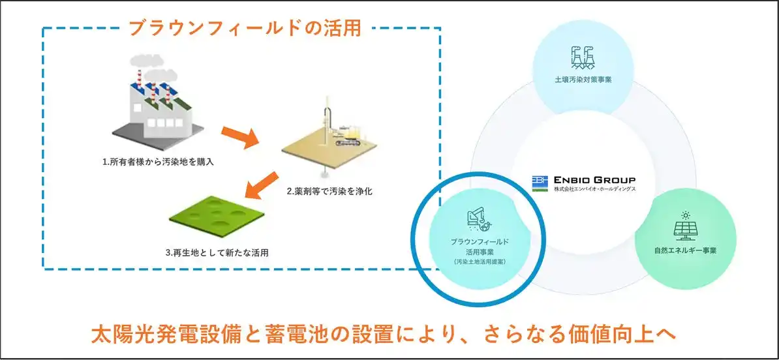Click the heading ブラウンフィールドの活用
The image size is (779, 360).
245,29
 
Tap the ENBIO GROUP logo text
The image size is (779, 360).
594,180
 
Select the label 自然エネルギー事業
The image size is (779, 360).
685,250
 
